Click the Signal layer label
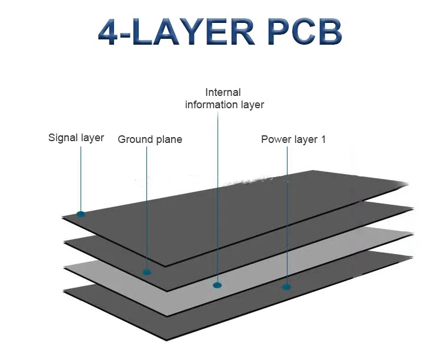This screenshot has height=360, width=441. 76,138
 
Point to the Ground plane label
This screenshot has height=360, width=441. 150,139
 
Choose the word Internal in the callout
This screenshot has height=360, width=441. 223,92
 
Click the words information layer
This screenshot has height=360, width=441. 225,105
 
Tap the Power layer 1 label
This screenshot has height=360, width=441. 293,139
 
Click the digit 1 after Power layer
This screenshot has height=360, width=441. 323,139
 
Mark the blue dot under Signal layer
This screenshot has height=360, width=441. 81,214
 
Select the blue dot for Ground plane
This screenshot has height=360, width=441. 147,272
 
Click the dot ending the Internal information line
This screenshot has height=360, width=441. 218,285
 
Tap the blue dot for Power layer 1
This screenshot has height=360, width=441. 286,287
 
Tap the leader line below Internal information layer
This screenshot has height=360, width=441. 218,194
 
